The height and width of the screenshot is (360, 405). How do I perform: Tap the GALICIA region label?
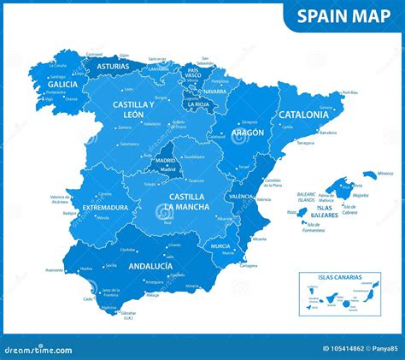(x=62, y=85)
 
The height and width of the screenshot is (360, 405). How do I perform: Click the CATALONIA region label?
(x=302, y=114)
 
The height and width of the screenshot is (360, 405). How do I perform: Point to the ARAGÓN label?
(x=246, y=133)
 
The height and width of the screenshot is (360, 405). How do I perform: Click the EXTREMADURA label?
(x=100, y=208)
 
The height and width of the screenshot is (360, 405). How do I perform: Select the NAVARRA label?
(x=216, y=91)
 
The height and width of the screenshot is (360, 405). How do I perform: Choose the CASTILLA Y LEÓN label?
(x=134, y=108)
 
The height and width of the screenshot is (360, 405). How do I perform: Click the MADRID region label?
(x=166, y=160)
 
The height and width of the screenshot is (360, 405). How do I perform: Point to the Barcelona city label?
(x=328, y=133)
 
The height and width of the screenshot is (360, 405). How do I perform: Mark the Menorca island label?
(x=385, y=174)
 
